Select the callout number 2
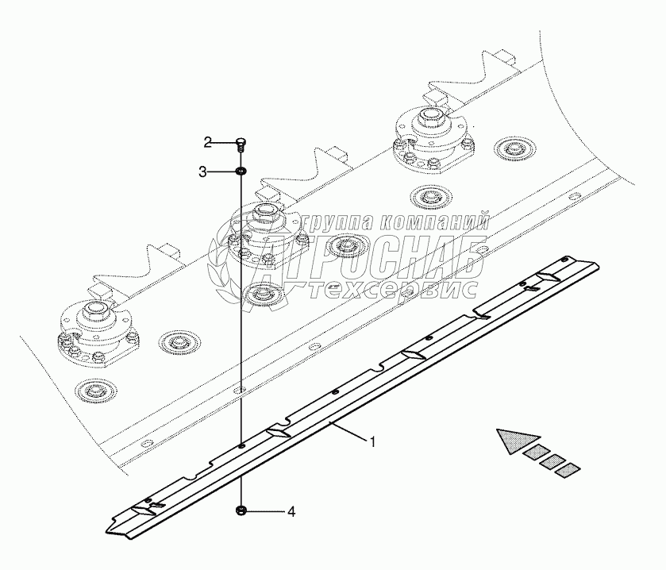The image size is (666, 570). click(x=208, y=143)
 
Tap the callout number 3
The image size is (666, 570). click(x=203, y=171)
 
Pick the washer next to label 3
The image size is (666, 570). click(x=241, y=171)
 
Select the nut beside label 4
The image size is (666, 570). click(x=241, y=511)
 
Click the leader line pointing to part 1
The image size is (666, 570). click(x=350, y=432)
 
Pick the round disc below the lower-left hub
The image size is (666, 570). click(x=97, y=390)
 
